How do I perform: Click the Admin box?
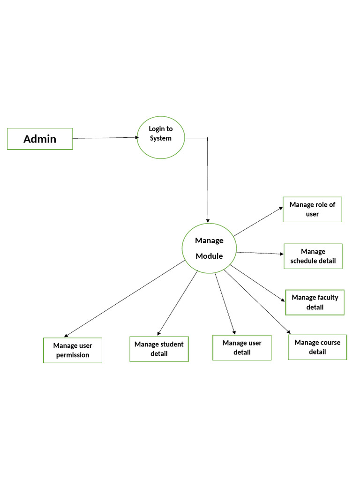click(40, 139)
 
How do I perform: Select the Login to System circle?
click(161, 137)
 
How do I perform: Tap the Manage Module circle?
click(209, 248)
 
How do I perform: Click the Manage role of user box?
click(312, 209)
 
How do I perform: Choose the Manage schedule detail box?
click(313, 256)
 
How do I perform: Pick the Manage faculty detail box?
click(315, 302)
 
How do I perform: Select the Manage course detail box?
click(317, 347)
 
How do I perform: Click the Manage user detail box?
click(242, 347)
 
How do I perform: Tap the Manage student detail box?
click(159, 349)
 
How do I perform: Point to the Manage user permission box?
click(72, 350)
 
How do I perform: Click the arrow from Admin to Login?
click(105, 138)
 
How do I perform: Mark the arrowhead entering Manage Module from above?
click(208, 220)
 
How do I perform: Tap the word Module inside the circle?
click(209, 256)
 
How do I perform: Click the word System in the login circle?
click(161, 138)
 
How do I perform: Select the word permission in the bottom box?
click(72, 355)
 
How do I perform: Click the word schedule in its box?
click(304, 261)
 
